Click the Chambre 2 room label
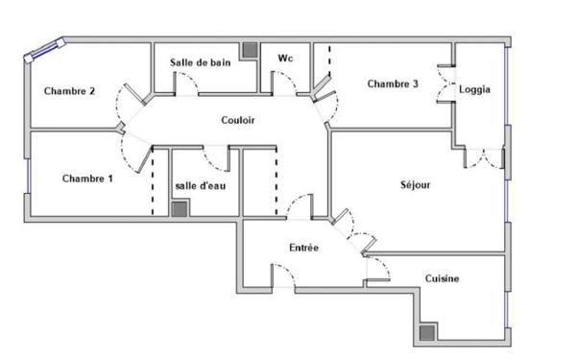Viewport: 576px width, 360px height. [x=69, y=91]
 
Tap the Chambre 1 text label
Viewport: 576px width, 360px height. [x=87, y=178]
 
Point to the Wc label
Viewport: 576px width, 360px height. [x=285, y=59]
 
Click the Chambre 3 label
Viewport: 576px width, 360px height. [x=393, y=84]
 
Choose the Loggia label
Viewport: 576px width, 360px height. [x=475, y=89]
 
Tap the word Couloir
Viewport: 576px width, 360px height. [x=238, y=120]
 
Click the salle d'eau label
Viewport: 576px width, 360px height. [x=200, y=185]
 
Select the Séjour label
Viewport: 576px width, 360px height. [x=415, y=184]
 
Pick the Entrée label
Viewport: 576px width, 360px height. [x=304, y=248]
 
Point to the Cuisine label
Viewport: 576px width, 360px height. [x=442, y=279]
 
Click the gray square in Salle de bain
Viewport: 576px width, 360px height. [x=250, y=51]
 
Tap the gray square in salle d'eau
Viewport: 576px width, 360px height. [x=179, y=207]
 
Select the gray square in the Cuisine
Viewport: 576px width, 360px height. [x=426, y=332]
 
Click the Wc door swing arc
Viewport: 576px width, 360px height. [x=285, y=84]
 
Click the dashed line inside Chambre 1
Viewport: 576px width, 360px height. [x=153, y=182]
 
